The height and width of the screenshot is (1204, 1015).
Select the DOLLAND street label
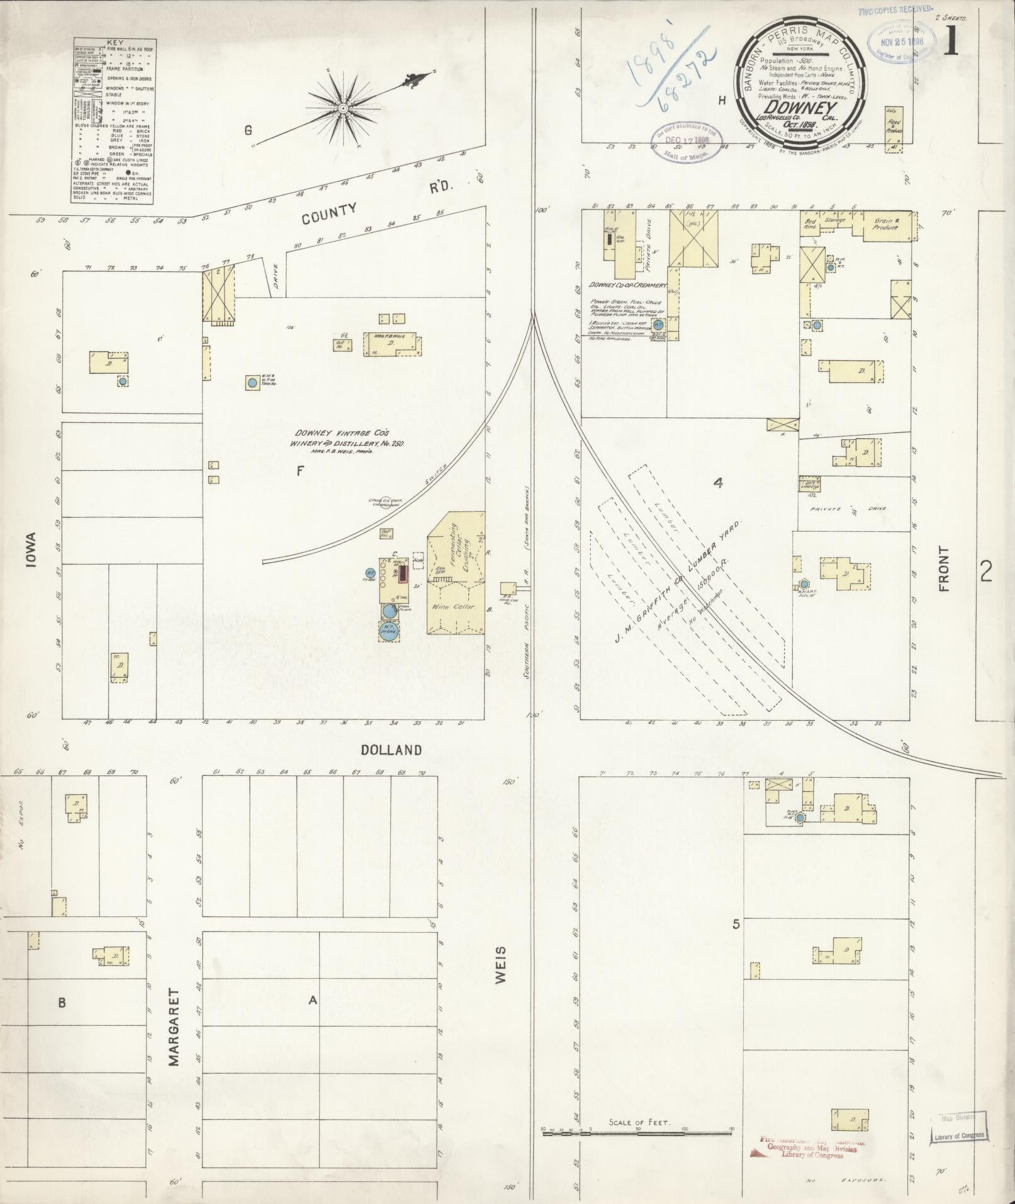pyautogui.click(x=391, y=750)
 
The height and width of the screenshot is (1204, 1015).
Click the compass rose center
pyautogui.click(x=343, y=108)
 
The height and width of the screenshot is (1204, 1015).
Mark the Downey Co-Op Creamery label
pyautogui.click(x=627, y=285)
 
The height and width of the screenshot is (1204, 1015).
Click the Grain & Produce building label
pyautogui.click(x=886, y=225)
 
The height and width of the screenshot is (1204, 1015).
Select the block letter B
pyautogui.click(x=62, y=1003)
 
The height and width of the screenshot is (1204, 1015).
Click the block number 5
pyautogui.click(x=736, y=925)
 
